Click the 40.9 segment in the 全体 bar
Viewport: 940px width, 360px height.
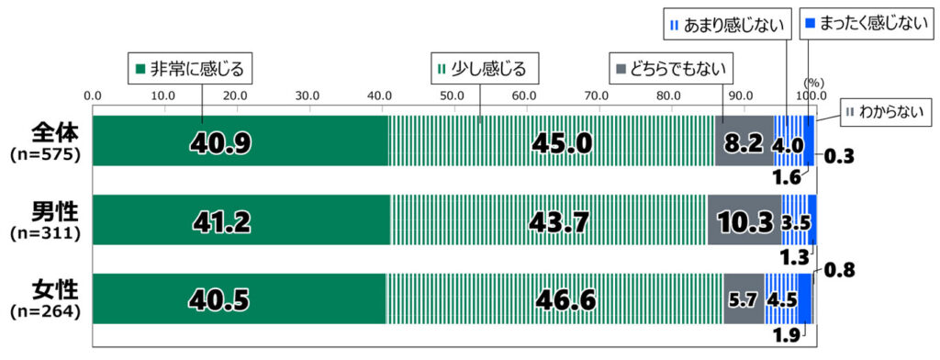[x=239, y=141]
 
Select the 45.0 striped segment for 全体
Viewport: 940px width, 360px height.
[x=551, y=141]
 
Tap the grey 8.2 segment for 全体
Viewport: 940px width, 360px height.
[x=744, y=141]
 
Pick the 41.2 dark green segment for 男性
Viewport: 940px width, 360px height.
[x=241, y=220]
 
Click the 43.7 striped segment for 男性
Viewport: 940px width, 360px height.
[x=548, y=220]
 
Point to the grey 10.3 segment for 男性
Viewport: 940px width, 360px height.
[x=744, y=220]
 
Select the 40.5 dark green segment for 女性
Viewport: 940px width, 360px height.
[x=239, y=298]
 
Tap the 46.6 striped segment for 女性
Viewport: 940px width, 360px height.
[x=554, y=298]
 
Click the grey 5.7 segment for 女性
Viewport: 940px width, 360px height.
[x=744, y=298]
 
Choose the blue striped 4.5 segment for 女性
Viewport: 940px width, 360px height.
[x=781, y=298]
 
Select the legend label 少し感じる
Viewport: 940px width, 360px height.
[x=485, y=67]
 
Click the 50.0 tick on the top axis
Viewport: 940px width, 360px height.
[x=452, y=96]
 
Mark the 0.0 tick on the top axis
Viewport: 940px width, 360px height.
[x=92, y=96]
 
